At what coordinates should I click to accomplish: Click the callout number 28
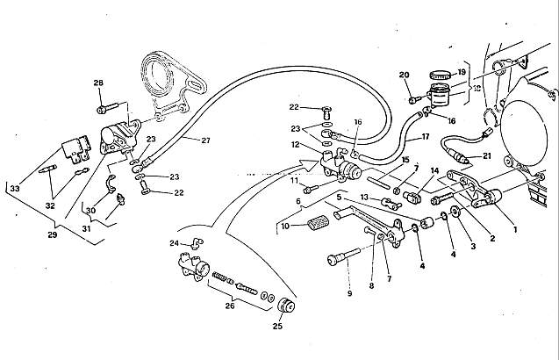[98, 83]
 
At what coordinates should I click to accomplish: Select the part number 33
[13, 189]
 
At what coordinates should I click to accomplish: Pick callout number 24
[174, 242]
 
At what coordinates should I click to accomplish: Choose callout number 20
[405, 75]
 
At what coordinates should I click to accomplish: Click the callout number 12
[296, 145]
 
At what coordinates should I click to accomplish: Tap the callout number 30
[90, 210]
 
